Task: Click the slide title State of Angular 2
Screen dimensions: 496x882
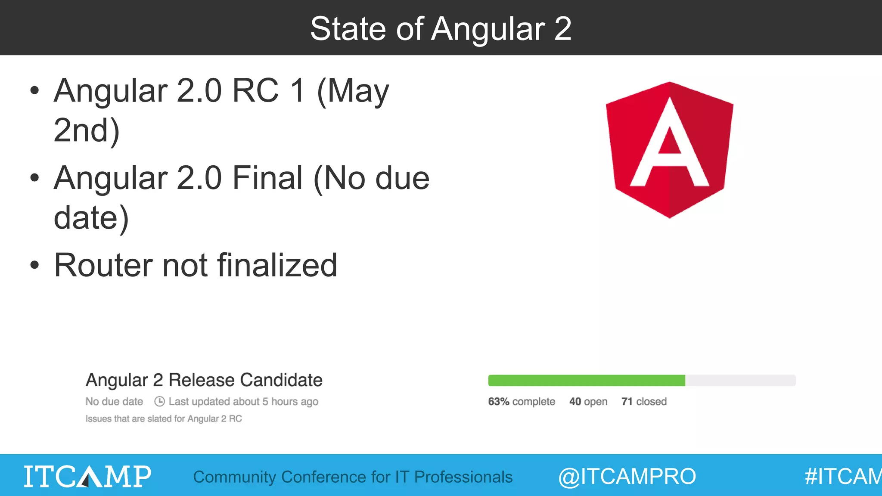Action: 441,28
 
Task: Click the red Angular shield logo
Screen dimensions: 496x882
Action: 669,150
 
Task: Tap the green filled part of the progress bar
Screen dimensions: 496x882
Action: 586,381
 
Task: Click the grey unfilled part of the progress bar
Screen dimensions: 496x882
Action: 740,381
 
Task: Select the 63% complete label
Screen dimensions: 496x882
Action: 521,402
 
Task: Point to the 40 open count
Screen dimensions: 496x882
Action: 588,402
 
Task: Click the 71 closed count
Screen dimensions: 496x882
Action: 643,402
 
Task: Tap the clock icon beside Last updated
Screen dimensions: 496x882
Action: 159,401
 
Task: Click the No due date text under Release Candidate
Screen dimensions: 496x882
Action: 114,402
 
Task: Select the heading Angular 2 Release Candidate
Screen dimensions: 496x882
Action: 204,380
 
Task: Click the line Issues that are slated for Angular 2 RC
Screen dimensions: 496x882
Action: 164,419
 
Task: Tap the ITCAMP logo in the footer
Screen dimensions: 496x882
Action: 87,476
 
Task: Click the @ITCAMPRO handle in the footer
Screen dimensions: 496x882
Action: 627,477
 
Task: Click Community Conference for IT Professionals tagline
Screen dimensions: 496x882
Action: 353,477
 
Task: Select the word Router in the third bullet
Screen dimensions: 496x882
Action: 103,265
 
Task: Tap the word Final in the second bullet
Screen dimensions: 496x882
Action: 267,178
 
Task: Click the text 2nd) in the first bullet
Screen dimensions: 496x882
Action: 86,130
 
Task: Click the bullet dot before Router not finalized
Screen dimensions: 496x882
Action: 34,265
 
